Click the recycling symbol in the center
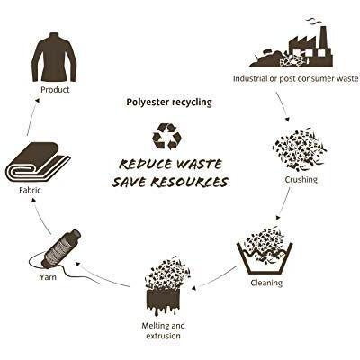point(167,137)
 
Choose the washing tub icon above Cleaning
point(265,258)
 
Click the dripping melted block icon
point(164,302)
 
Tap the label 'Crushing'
point(301,180)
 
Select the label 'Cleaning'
point(266,283)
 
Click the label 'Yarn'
point(48,276)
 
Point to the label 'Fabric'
point(30,190)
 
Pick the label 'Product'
point(55,90)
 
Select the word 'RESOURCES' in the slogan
point(186,182)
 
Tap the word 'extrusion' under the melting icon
point(164,336)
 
